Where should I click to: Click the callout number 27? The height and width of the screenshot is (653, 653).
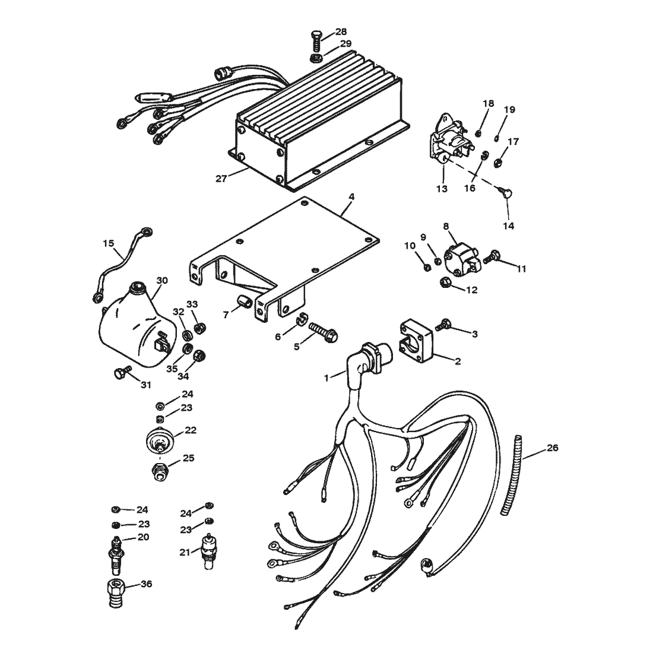(x=221, y=179)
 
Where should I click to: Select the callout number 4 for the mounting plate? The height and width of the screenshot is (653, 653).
(x=351, y=196)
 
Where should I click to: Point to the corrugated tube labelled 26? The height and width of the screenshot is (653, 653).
(x=512, y=475)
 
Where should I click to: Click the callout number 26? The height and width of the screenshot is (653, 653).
(x=552, y=448)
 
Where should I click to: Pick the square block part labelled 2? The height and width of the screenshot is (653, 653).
(x=417, y=341)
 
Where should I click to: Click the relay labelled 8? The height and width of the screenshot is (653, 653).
(x=461, y=260)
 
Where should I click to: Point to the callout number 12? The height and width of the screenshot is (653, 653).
(x=471, y=290)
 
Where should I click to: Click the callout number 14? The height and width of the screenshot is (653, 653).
(x=509, y=226)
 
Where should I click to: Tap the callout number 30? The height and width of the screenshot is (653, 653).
(x=162, y=281)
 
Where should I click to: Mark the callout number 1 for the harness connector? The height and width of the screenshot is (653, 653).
(x=326, y=378)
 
